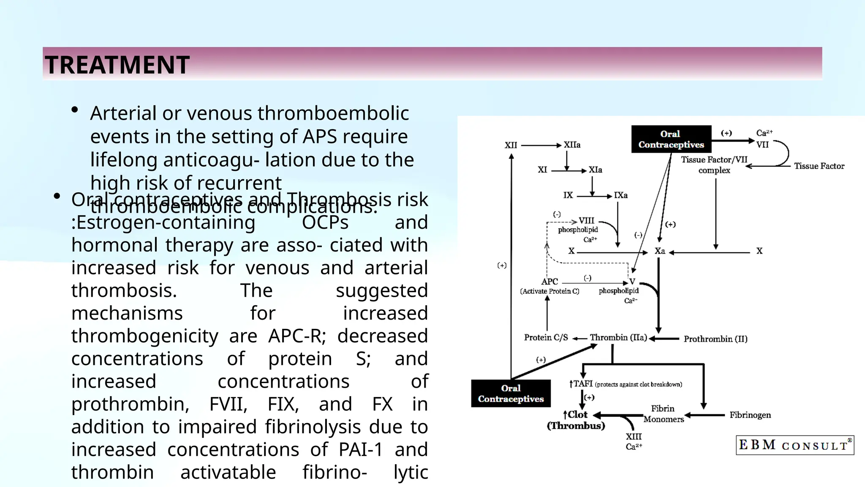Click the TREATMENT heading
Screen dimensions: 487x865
[x=117, y=65]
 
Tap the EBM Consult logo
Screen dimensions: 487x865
[x=794, y=445]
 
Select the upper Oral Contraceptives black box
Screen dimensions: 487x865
[x=671, y=139]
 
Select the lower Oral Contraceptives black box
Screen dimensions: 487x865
[x=511, y=394]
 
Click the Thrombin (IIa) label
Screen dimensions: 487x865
[x=618, y=337]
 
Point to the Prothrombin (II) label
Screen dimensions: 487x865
[x=715, y=339]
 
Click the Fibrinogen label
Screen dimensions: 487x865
[x=750, y=415]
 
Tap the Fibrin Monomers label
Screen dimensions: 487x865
[x=663, y=414]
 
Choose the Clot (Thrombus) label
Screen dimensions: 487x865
[x=576, y=420]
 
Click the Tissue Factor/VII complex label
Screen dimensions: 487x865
[x=714, y=165]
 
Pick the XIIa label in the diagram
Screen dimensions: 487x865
[x=572, y=145]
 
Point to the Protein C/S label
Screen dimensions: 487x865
[x=546, y=337]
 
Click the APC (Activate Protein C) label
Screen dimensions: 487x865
[x=549, y=286]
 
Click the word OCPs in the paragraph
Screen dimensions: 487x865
[x=325, y=222]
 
